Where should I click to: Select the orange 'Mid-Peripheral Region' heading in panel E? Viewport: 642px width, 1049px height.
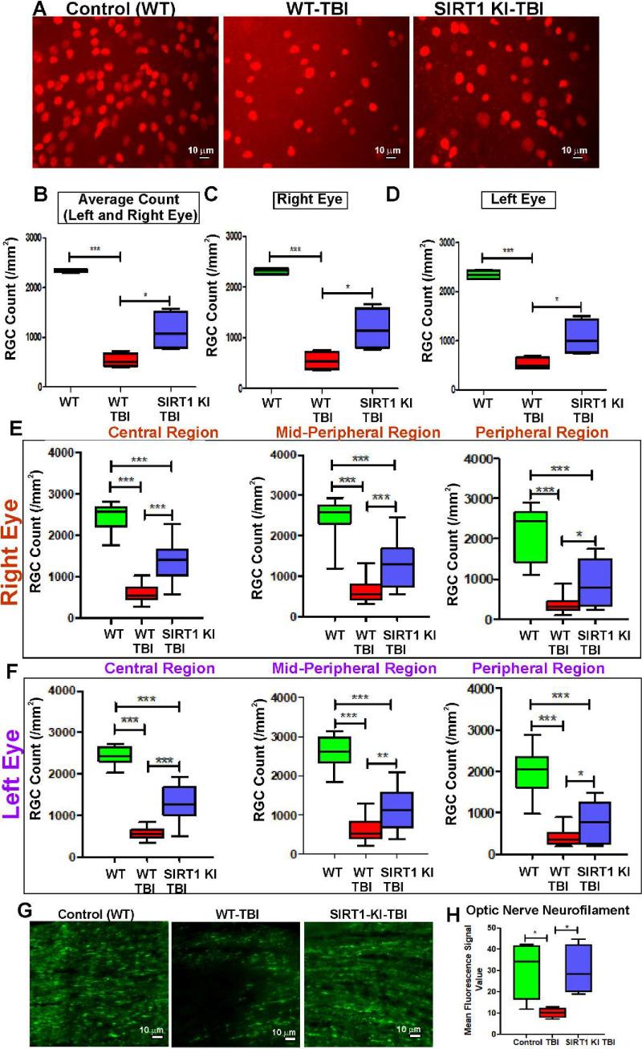(357, 433)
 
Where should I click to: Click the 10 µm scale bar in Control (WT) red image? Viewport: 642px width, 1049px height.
(199, 157)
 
